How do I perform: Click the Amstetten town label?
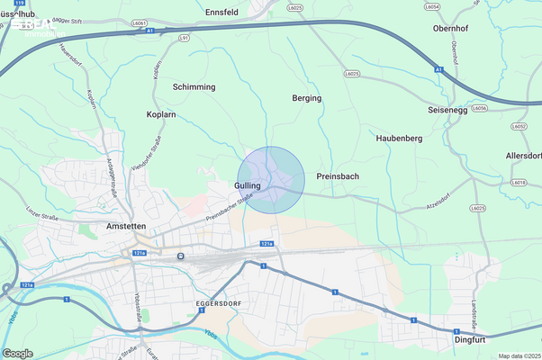pos(126,226)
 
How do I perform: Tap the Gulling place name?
pos(247,185)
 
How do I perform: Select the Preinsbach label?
pos(338,176)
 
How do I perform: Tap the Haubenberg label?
pos(399,139)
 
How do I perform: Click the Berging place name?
pos(307,97)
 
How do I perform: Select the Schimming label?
pos(194,86)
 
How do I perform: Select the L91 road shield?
pos(185,39)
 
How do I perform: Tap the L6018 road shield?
pos(519,182)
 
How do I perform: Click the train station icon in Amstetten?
pos(181,256)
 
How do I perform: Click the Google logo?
pos(18,353)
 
